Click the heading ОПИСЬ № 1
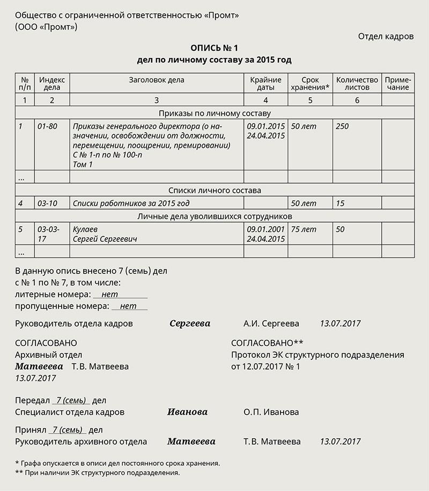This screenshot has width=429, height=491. point(214,48)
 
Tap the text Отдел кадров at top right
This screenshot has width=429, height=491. point(386,37)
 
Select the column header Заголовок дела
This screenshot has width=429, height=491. point(157,80)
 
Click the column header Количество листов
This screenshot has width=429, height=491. point(357,84)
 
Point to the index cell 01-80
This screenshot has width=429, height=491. point(47,126)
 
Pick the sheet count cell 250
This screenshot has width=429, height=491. point(342,126)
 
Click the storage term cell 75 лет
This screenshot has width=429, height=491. point(304,229)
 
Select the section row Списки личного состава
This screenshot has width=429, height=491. point(214,190)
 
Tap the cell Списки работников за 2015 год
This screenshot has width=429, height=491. point(131,204)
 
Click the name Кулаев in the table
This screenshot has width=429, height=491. point(85,229)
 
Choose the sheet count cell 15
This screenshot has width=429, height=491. point(340,204)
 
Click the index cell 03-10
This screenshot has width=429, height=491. point(47,204)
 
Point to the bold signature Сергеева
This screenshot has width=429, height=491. point(190,324)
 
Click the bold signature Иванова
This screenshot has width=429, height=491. point(187,412)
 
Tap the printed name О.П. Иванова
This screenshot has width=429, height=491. point(271,412)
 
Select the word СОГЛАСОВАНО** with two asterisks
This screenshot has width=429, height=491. point(267,343)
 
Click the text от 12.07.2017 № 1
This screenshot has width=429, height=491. point(265,366)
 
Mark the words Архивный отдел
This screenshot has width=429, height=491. point(49,355)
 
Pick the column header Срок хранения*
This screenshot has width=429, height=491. point(310,84)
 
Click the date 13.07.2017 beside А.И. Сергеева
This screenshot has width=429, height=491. point(340,324)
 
